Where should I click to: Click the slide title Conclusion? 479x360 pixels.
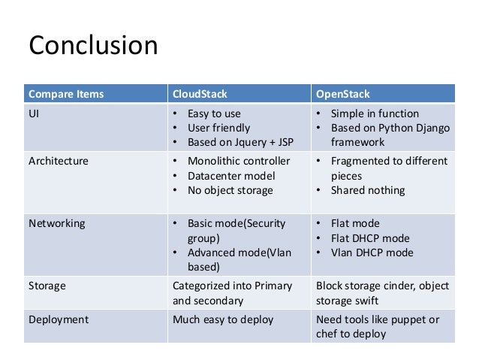tap(93, 46)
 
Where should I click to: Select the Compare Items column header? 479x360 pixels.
tap(66, 94)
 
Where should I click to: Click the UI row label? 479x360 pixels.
tap(35, 114)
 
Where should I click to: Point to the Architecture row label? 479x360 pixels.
tap(59, 162)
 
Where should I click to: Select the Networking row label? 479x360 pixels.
tap(56, 224)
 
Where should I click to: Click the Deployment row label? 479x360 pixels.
tap(59, 320)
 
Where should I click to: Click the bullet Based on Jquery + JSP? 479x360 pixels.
tap(238, 142)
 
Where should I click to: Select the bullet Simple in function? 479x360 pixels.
tap(375, 114)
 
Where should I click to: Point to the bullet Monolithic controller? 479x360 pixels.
tap(239, 162)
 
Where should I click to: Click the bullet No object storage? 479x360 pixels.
tap(230, 190)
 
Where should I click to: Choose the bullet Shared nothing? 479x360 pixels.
tap(368, 190)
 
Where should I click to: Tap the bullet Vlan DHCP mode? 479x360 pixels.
tap(372, 253)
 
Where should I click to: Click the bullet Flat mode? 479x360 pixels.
tap(355, 224)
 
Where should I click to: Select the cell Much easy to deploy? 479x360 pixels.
tap(223, 320)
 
